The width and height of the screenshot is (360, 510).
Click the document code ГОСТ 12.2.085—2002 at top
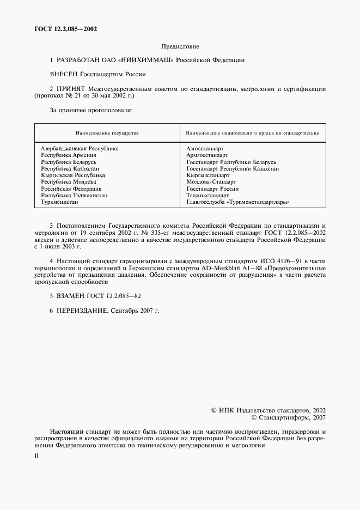pos(62,29)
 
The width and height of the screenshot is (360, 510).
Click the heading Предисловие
pos(180,47)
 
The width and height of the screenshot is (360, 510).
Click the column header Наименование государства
pos(106,133)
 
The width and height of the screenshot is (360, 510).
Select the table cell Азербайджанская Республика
pos(80,148)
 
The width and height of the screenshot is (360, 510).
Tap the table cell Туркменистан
pos(59,202)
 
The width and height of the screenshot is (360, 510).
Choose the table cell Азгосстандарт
pos(205,148)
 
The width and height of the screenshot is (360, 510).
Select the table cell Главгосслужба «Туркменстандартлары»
pos(237,202)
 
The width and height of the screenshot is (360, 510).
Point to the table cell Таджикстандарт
pos(208,195)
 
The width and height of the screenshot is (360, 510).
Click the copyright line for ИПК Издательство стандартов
pos(268,410)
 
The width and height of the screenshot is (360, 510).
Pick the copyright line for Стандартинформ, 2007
pos(288,417)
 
